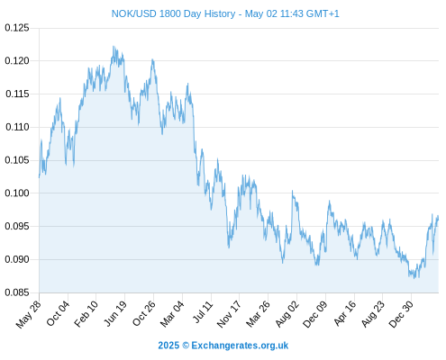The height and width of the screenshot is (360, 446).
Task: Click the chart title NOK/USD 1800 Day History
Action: click(x=173, y=13)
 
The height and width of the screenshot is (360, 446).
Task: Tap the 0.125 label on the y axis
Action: click(x=17, y=28)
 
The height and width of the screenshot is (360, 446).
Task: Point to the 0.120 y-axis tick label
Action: click(x=17, y=61)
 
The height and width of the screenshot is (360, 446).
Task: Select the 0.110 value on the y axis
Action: click(x=17, y=127)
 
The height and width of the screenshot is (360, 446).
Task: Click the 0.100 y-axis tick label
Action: click(x=17, y=193)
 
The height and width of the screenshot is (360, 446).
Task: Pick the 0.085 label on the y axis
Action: click(x=17, y=292)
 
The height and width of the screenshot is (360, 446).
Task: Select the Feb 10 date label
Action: click(x=86, y=314)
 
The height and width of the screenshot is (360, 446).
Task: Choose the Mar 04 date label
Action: click(x=172, y=314)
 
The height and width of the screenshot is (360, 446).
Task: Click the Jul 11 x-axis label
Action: click(x=203, y=312)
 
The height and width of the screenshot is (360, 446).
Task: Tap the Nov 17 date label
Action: click(x=229, y=314)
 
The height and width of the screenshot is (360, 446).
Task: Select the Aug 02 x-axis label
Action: click(x=287, y=314)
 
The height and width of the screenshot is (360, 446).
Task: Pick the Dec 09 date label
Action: click(x=314, y=314)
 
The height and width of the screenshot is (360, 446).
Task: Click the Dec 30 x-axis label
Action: click(x=401, y=314)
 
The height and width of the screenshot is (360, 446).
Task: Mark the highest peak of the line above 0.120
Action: click(x=114, y=46)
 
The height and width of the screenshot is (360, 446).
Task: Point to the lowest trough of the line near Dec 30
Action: click(x=414, y=279)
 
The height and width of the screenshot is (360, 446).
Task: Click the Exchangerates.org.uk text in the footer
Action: click(x=240, y=346)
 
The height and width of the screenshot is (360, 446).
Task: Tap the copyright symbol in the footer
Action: click(x=186, y=346)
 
